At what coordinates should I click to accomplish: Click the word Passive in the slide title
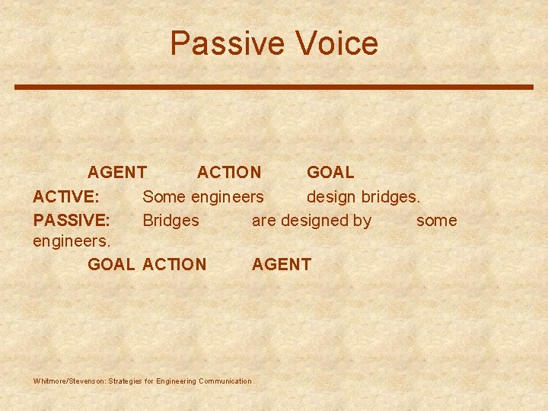coord(221,43)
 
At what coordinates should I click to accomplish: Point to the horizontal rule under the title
coord(274,87)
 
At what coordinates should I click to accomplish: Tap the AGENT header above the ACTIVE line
coord(117,174)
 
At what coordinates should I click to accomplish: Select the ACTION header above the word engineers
coord(229,174)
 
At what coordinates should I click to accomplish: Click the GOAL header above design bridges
coord(330,174)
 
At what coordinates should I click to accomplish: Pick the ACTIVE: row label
coord(65,197)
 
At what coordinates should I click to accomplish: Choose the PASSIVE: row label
coord(72,221)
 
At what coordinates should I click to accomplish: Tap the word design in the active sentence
coord(331,197)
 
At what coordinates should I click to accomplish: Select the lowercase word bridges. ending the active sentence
coord(390,197)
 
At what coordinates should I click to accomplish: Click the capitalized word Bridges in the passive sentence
coord(171,221)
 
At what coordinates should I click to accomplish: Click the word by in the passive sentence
coord(362,221)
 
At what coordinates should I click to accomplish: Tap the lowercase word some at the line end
coord(436,221)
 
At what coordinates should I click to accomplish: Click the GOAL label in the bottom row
coord(112,265)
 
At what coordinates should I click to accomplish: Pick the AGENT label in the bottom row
coord(282,265)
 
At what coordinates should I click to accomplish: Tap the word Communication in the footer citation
coord(225,381)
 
